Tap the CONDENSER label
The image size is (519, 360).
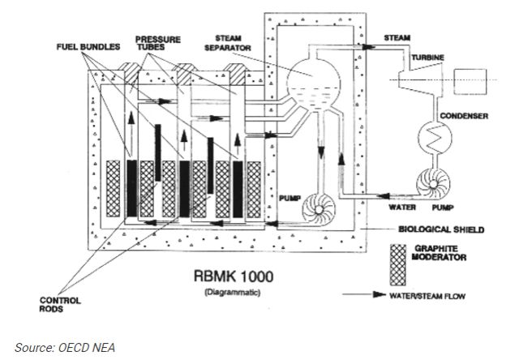click(463, 116)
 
